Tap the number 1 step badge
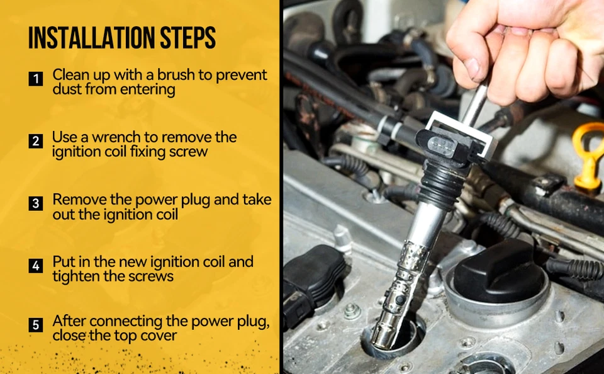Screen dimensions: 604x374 click(x=36, y=79)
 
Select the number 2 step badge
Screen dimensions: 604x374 click(x=36, y=141)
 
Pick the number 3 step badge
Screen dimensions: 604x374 click(x=36, y=203)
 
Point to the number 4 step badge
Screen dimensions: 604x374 click(x=36, y=266)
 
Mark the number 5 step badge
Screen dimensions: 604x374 click(x=36, y=325)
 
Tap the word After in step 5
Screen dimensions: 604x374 click(x=69, y=320)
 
